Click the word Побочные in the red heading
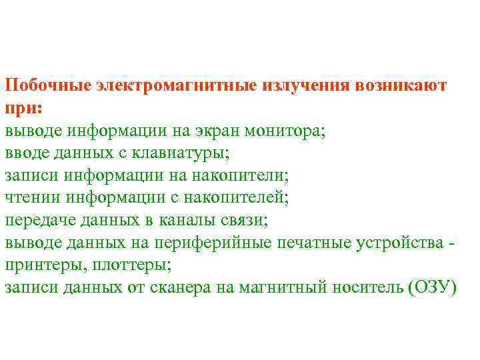[47, 86]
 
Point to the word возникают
[402, 86]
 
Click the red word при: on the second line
[23, 109]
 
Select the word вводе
[27, 153]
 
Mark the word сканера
[166, 288]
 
